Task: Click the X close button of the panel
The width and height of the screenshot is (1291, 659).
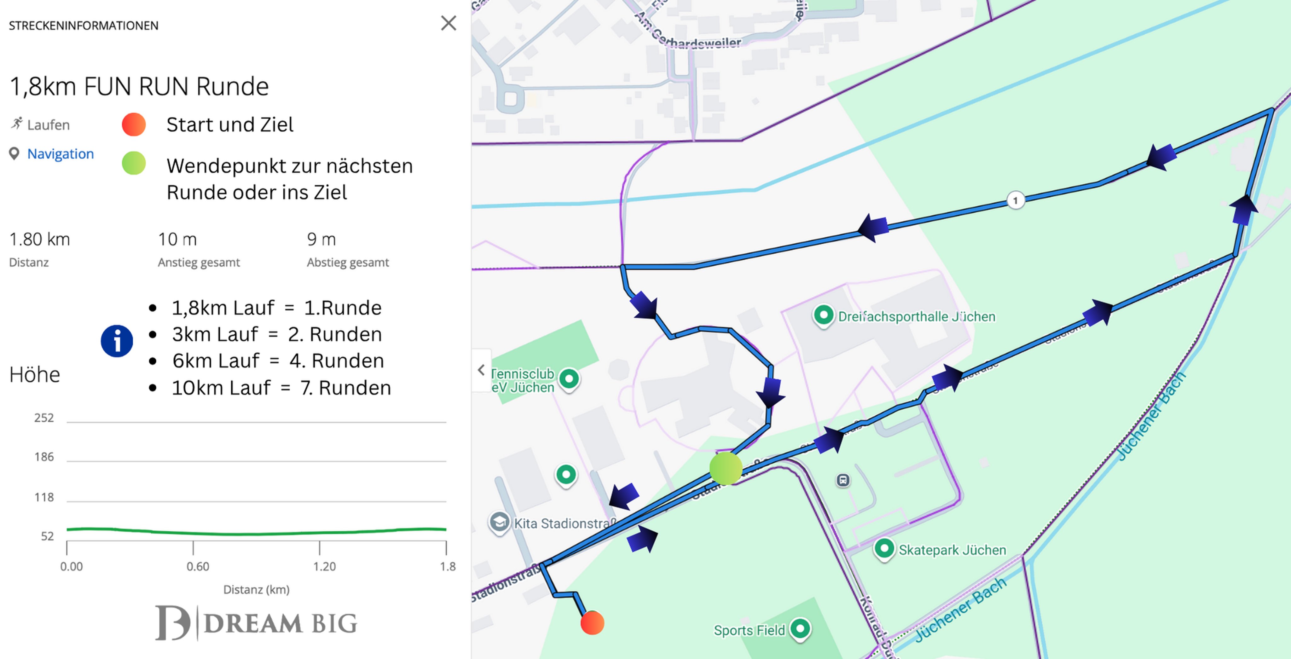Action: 448,23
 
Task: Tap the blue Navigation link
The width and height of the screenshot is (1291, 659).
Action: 60,154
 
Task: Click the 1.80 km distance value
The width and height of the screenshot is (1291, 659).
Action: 40,240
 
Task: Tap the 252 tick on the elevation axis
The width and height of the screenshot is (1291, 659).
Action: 44,418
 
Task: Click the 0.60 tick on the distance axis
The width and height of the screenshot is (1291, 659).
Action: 197,566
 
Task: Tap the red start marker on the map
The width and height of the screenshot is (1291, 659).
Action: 592,623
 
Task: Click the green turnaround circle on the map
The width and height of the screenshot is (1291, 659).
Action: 725,468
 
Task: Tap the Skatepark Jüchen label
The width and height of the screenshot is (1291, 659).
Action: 952,550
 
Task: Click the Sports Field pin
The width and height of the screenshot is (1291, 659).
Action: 800,628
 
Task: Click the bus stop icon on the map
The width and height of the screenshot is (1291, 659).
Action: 843,480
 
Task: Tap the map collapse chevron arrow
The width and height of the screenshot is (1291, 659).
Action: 481,370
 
